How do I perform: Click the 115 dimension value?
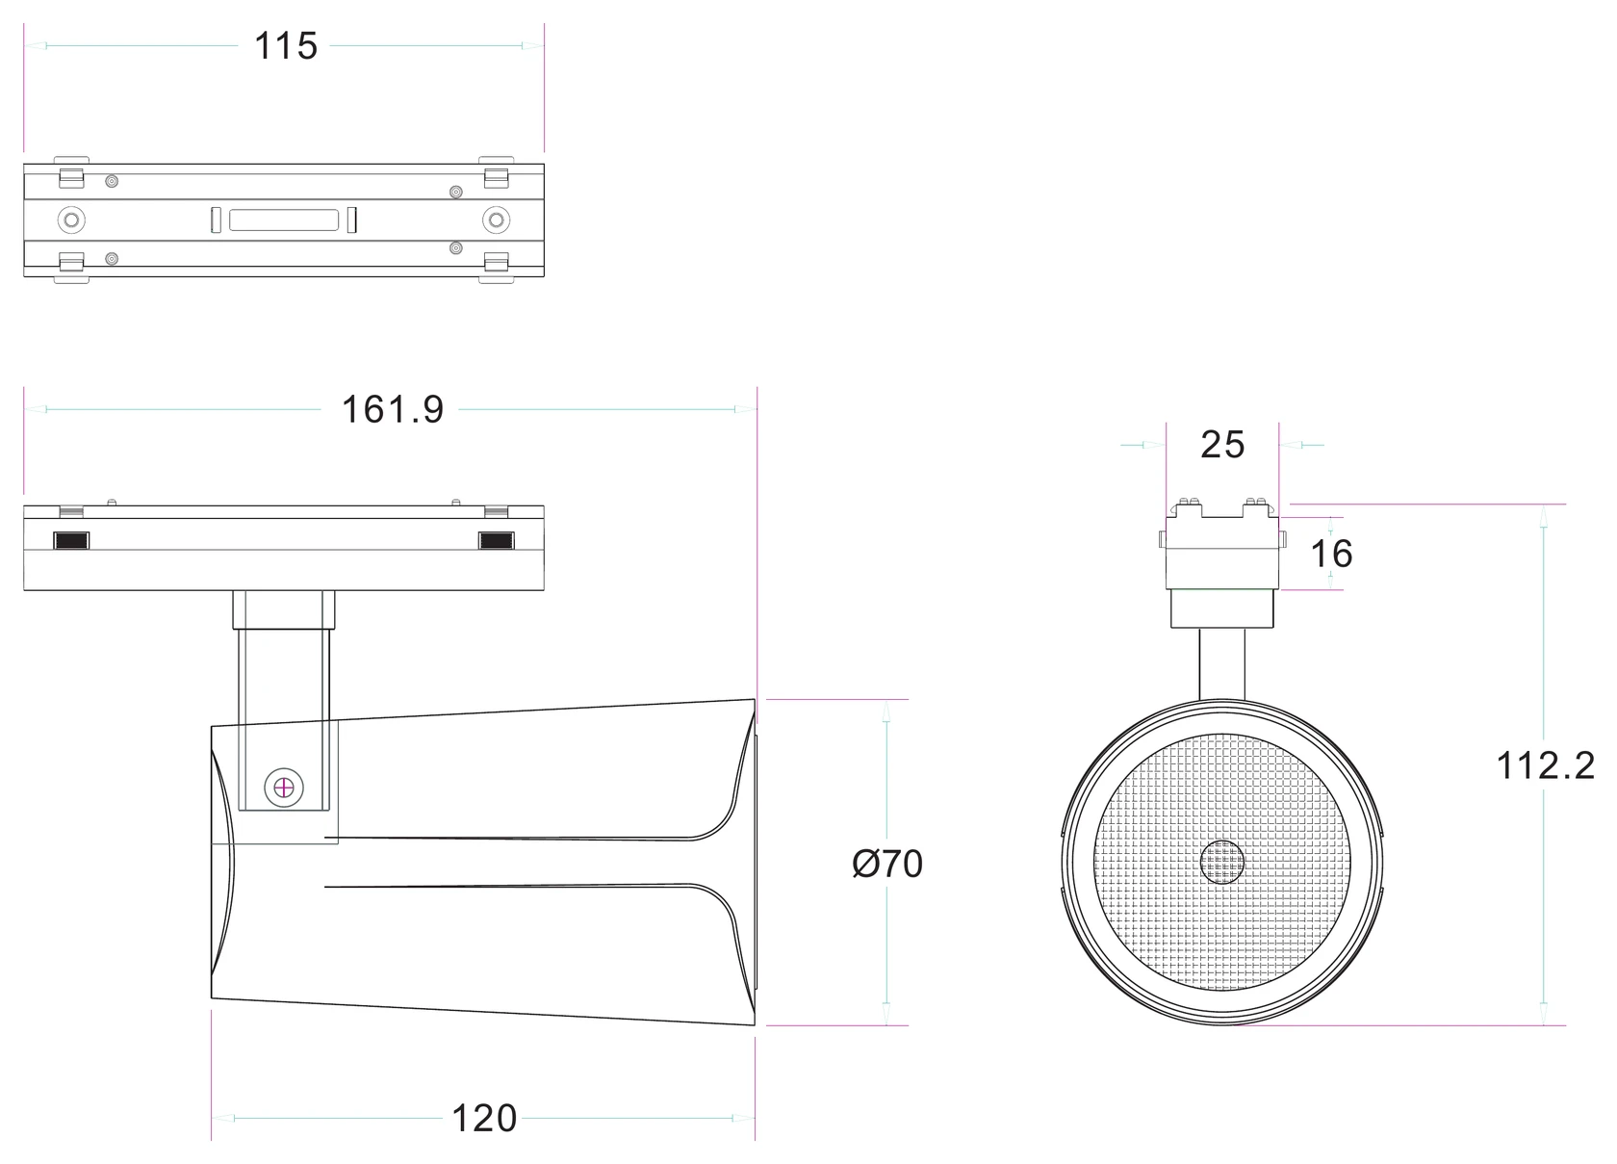(x=286, y=45)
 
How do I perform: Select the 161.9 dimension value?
(x=392, y=409)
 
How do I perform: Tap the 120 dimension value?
(x=483, y=1119)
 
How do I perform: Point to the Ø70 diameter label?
(x=887, y=864)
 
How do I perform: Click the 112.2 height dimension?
(x=1546, y=765)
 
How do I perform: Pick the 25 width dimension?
(x=1222, y=445)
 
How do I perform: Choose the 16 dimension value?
(x=1331, y=554)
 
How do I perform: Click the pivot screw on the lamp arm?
(x=284, y=788)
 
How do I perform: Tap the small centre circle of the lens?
(x=1222, y=863)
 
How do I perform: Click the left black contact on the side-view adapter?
(x=71, y=540)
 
